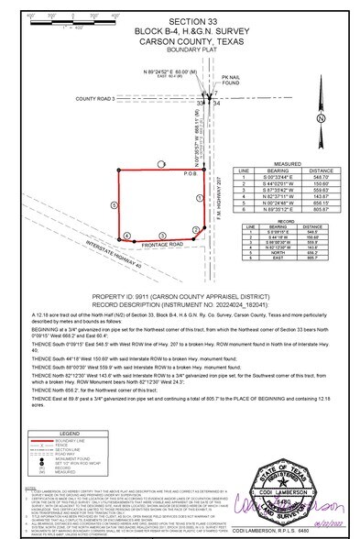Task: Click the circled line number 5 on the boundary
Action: click(x=114, y=180)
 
